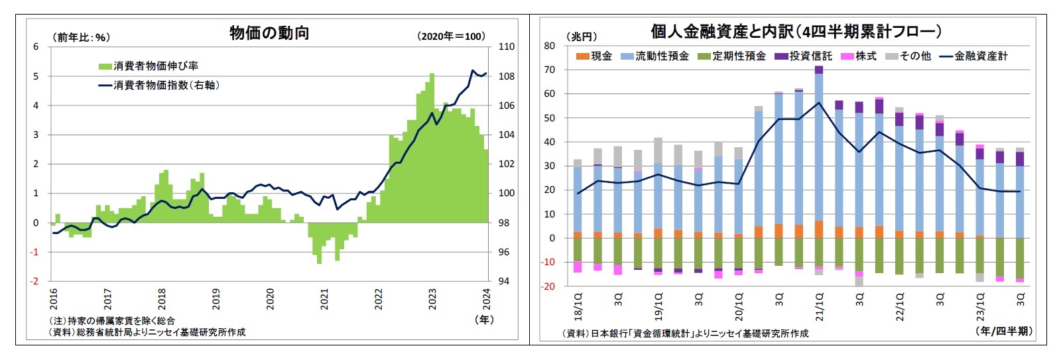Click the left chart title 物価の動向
[x=269, y=33]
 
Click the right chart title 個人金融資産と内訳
[x=795, y=31]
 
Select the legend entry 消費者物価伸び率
[x=149, y=66]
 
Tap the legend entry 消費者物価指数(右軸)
[x=158, y=85]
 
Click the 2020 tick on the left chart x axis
[x=270, y=299]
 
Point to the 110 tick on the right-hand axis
[x=506, y=46]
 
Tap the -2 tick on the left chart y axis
[x=36, y=281]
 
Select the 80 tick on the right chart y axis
[x=549, y=46]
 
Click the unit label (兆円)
[x=582, y=37]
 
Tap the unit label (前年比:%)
[x=81, y=37]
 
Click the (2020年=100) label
[x=451, y=36]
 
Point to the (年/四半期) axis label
[x=1004, y=331]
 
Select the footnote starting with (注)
[x=112, y=321]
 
